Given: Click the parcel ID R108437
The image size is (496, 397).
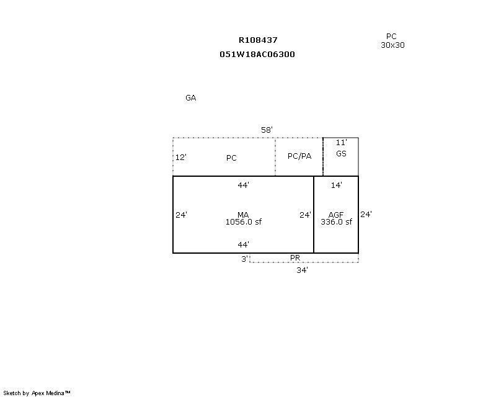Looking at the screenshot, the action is point(258,40).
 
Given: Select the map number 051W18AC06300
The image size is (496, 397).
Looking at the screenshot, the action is point(257,55).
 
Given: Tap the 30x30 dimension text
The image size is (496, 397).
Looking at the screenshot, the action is point(392,45).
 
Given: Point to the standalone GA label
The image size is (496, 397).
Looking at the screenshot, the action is point(191,98).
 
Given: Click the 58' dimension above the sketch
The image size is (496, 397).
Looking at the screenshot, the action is point(267,130).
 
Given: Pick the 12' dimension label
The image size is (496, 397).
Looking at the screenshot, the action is point(181,158).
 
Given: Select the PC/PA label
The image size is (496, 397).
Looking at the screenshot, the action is point(299,156).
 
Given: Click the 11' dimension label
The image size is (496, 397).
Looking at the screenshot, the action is point(342,143).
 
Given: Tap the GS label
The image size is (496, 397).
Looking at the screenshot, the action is point(341,154).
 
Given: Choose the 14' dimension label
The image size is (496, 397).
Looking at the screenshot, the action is point(336,185).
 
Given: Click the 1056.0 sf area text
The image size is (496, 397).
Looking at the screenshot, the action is point(244,222).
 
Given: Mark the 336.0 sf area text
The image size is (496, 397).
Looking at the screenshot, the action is point(336,222).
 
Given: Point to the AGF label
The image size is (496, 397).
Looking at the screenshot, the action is point(336,215).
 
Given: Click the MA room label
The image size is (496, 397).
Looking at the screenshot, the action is point(243,215).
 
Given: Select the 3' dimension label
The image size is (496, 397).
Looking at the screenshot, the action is point(245,259).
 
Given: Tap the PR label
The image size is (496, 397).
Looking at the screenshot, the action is point(295,258).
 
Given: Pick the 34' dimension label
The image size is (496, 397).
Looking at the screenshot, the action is point(302,270).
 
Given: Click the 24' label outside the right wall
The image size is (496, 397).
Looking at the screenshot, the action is point(366,215).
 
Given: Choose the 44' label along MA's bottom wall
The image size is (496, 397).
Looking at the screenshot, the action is point(243,244).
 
